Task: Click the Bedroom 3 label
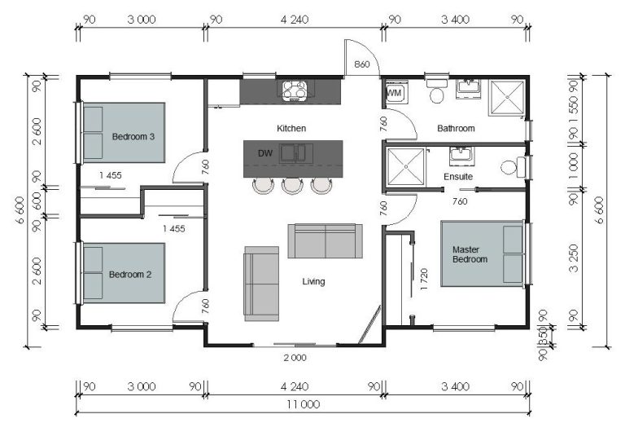(x=133, y=137)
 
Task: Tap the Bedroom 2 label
(x=130, y=275)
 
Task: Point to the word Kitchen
(x=291, y=129)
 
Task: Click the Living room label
(x=313, y=282)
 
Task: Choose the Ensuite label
(x=458, y=177)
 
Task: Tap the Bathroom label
(x=456, y=129)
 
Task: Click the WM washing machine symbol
(x=394, y=94)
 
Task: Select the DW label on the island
(x=264, y=152)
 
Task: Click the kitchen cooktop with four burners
(x=293, y=90)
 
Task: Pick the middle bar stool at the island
(x=291, y=186)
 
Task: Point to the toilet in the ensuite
(x=511, y=168)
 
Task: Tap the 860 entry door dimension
(x=361, y=64)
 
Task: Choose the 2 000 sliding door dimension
(x=294, y=358)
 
